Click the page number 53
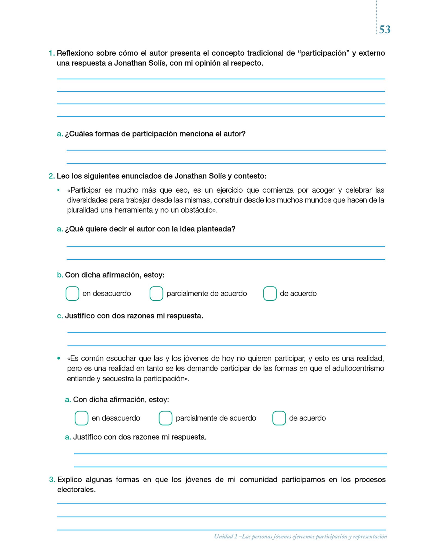pos(385,29)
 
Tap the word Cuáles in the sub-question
pos(79,134)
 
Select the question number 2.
pos(51,176)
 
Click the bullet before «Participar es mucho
pos(58,190)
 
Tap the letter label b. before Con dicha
pos(60,275)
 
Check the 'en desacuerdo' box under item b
pos(72,293)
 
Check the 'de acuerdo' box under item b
pos(270,293)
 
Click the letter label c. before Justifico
pos(60,316)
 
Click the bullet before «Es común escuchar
pos(59,358)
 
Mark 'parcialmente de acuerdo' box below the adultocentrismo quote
pos(165,418)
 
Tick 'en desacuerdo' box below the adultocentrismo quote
pos(81,418)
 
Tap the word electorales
pos(76,489)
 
